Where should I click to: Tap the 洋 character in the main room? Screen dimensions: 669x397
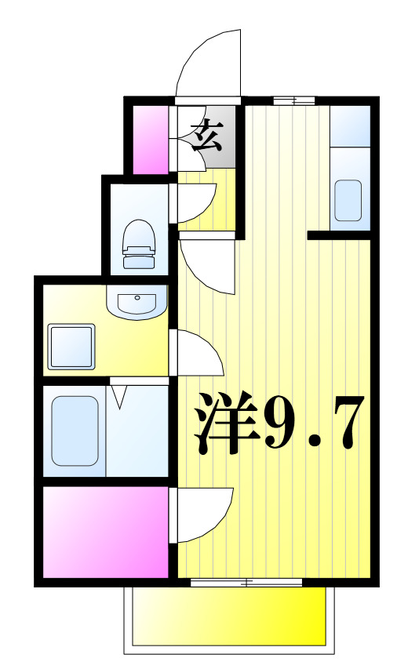tap(226, 424)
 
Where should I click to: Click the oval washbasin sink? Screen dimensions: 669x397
tap(137, 301)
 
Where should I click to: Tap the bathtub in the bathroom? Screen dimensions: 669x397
tap(75, 431)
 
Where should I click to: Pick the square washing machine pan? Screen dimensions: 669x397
tap(71, 347)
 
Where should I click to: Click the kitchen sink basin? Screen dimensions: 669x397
tap(348, 200)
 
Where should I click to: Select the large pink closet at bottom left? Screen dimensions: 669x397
tap(105, 532)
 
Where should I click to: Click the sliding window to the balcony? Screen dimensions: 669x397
tap(246, 583)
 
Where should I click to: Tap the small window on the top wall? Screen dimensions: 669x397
tap(294, 100)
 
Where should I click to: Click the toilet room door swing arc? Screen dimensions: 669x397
tap(196, 203)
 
